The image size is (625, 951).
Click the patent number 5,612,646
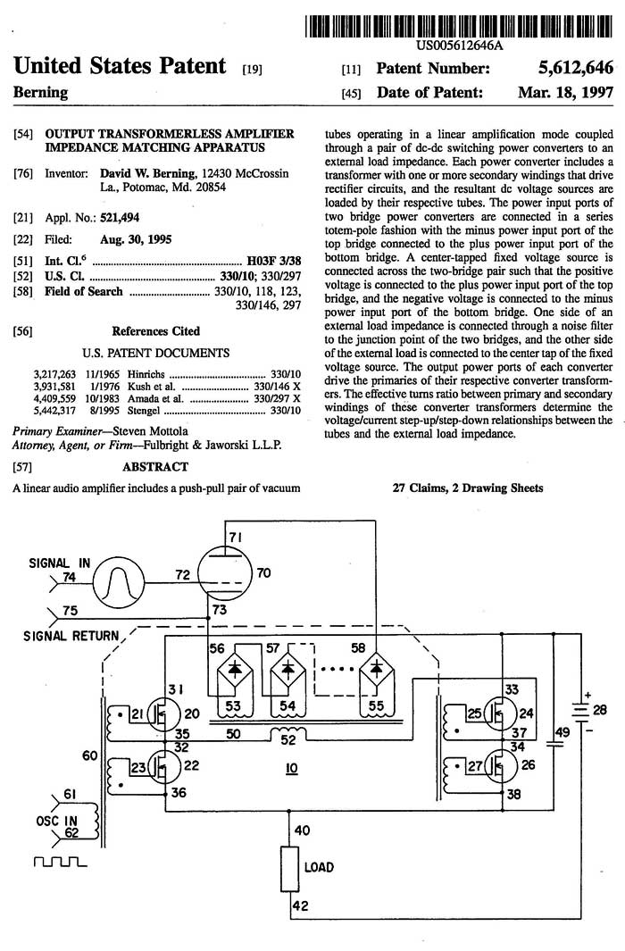click(x=575, y=67)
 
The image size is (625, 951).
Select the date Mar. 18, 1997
click(x=565, y=92)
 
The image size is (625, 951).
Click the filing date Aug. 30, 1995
click(x=136, y=239)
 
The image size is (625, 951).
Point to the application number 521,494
click(x=120, y=218)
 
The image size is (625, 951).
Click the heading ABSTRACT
click(x=155, y=466)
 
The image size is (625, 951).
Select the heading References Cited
click(x=155, y=331)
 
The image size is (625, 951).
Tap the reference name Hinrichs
click(x=146, y=374)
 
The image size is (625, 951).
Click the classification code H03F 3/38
click(x=274, y=262)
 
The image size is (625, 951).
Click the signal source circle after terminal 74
click(x=119, y=583)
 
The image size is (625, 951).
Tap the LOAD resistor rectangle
click(x=290, y=869)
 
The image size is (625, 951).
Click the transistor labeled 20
click(x=163, y=715)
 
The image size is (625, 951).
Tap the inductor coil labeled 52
click(x=288, y=732)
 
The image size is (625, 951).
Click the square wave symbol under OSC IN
click(x=60, y=862)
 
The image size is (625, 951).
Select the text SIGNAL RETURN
click(x=71, y=636)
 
